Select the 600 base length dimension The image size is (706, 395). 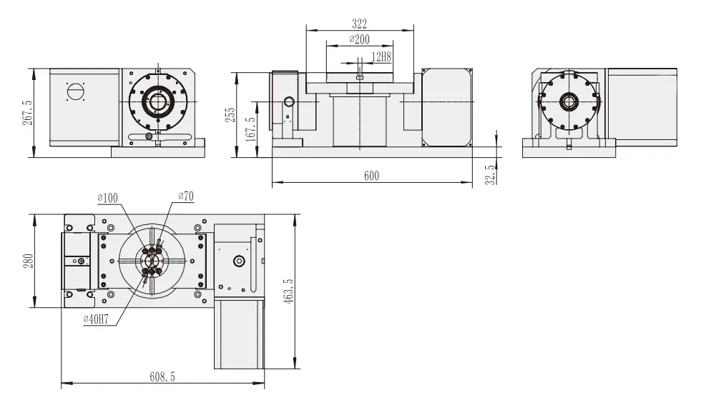(x=371, y=176)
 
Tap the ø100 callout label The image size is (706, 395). (x=109, y=197)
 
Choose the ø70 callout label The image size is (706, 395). (x=185, y=196)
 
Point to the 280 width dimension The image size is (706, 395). (x=27, y=261)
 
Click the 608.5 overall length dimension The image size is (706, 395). (x=163, y=376)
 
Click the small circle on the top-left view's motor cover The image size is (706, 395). (x=75, y=91)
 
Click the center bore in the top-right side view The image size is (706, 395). (x=569, y=102)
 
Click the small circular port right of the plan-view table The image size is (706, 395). (x=239, y=261)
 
